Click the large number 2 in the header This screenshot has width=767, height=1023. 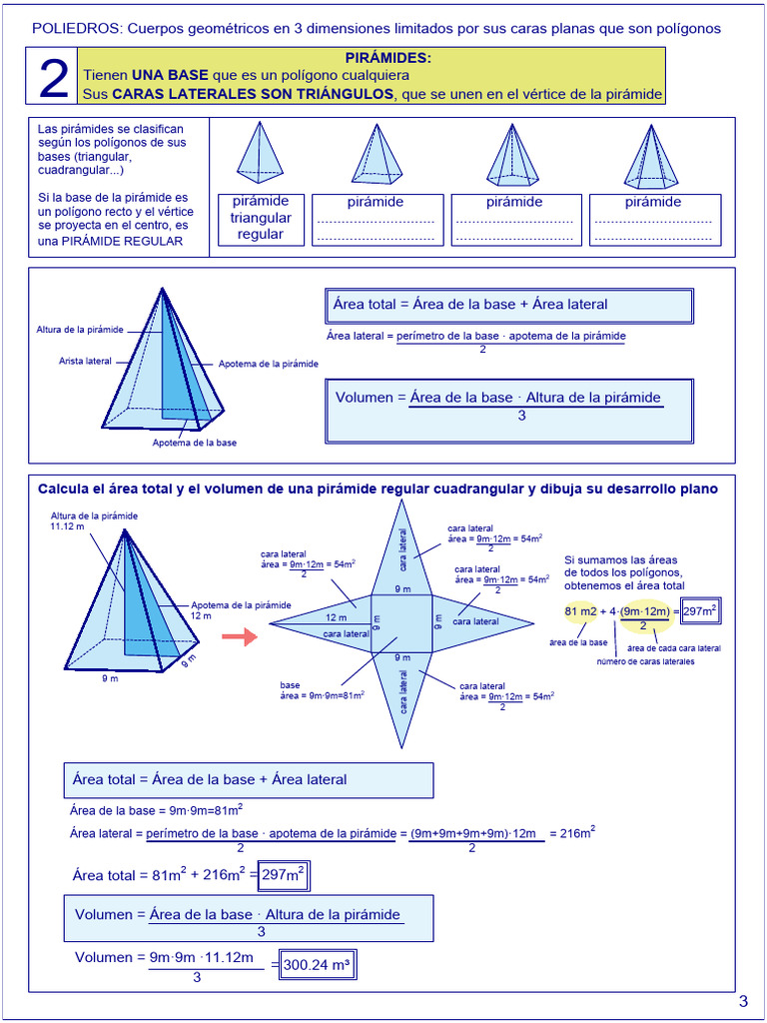coord(53,78)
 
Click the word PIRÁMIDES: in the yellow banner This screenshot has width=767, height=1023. coord(387,59)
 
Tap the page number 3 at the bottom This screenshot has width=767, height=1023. coord(742,1002)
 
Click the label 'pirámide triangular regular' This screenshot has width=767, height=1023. coord(261,218)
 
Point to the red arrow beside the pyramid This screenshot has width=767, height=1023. coord(239,637)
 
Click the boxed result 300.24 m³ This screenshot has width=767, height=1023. coord(317,965)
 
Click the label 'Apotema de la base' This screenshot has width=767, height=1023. coord(194,442)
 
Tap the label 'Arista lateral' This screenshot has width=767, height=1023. coord(85,361)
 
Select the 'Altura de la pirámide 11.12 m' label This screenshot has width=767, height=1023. coord(94,520)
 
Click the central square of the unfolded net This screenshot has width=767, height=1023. coord(401,624)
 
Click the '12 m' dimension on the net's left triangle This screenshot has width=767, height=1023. coord(336,617)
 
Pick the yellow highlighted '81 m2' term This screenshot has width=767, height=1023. coord(579,611)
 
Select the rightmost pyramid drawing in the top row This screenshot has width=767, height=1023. coord(651,157)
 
